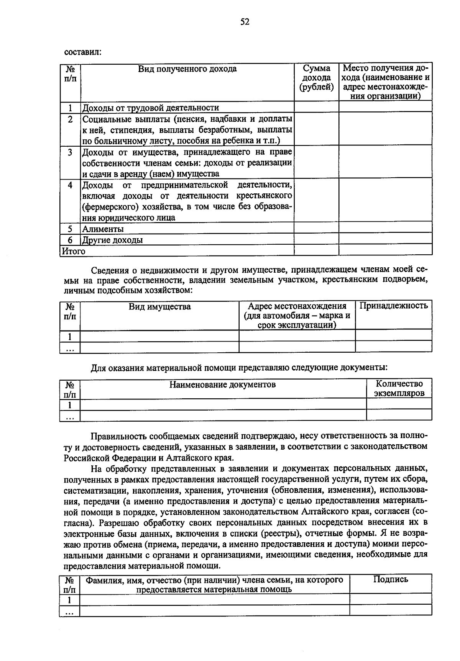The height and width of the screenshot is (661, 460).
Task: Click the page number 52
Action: pyautogui.click(x=245, y=22)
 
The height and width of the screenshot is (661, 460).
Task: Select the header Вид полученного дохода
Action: pyautogui.click(x=187, y=69)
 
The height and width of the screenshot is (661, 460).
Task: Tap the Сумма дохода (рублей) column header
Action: pyautogui.click(x=316, y=78)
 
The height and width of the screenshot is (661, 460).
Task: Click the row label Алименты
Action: pyautogui.click(x=103, y=229)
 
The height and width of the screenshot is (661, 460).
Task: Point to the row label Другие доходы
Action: pyautogui.click(x=113, y=240)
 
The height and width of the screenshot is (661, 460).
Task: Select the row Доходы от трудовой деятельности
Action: pyautogui.click(x=151, y=108)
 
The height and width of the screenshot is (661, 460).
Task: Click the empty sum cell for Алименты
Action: pyautogui.click(x=316, y=229)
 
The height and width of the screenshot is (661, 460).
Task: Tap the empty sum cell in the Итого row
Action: pyautogui.click(x=316, y=250)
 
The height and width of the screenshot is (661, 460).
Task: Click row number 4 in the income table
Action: pyautogui.click(x=70, y=185)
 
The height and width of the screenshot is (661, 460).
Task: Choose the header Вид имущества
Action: pyautogui.click(x=159, y=307)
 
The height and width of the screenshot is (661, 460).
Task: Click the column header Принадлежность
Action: pyautogui.click(x=394, y=306)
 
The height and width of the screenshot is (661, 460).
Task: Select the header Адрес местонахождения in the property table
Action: pyautogui.click(x=297, y=306)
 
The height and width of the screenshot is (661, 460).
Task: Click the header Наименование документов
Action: pyautogui.click(x=222, y=384)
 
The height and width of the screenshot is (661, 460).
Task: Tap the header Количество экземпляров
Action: pyautogui.click(x=399, y=388)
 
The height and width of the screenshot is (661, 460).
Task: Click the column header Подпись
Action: pyautogui.click(x=391, y=579)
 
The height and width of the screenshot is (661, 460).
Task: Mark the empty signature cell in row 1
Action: pyautogui.click(x=391, y=599)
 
